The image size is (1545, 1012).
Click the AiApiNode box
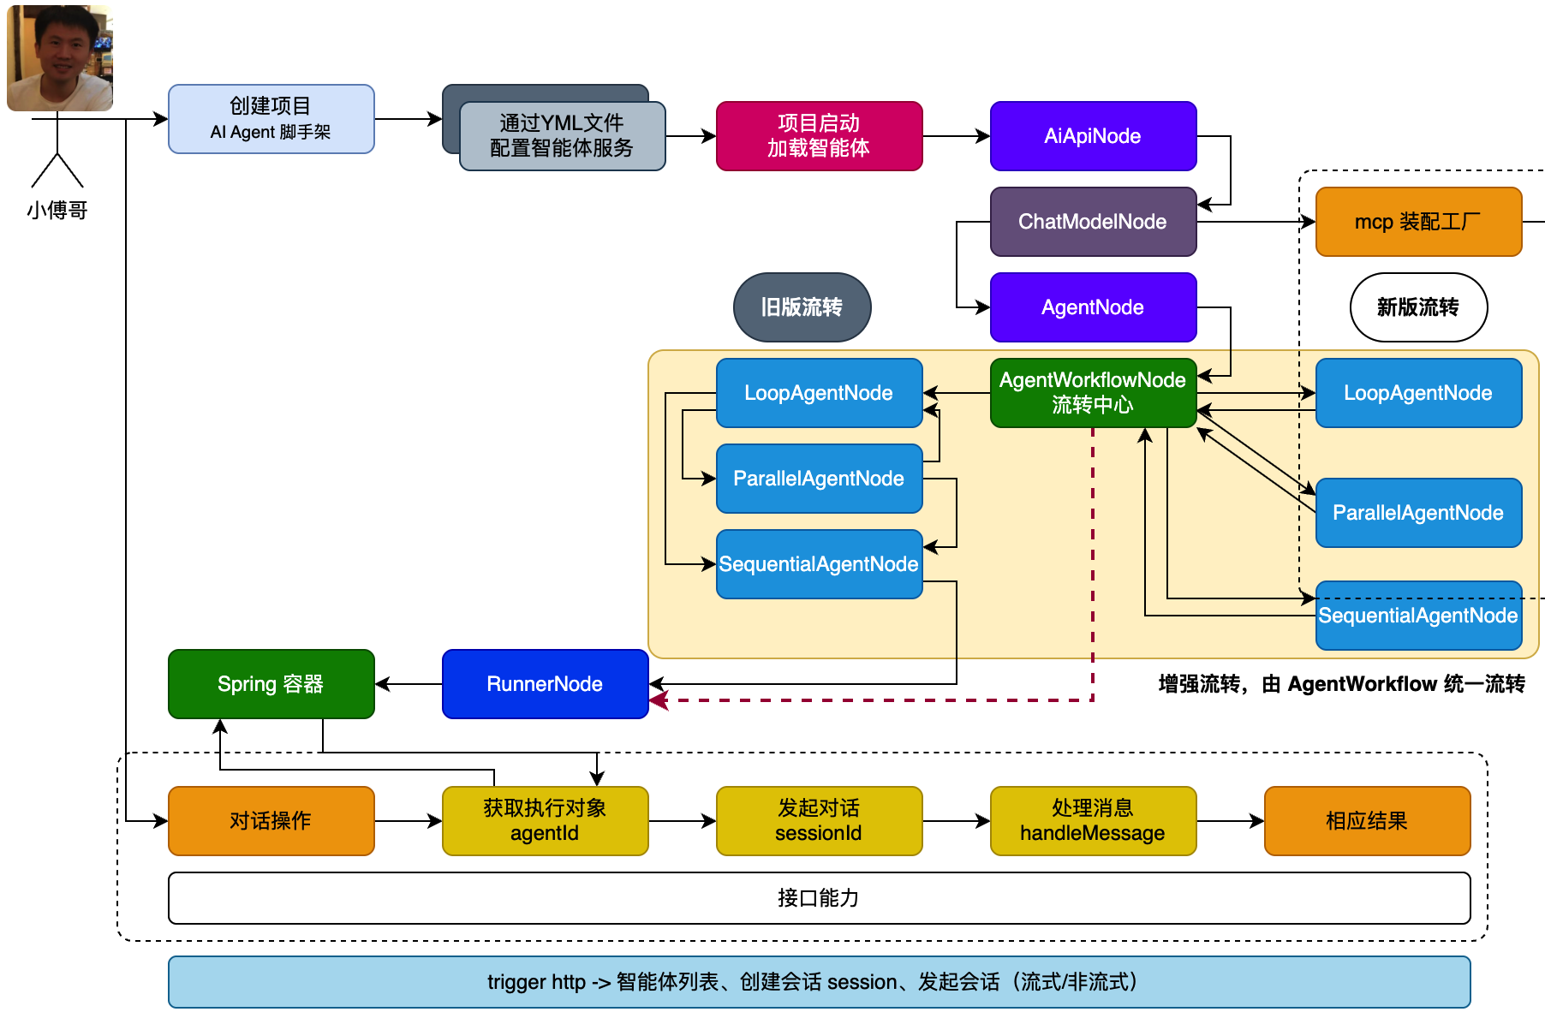click(1093, 136)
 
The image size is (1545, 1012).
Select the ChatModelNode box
click(1093, 222)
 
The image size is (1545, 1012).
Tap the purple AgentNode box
click(1093, 307)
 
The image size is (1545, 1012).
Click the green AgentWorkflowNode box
click(1093, 393)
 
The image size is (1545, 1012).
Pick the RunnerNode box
click(545, 684)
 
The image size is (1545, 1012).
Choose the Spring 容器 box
click(271, 684)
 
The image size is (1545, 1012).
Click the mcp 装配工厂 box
click(1418, 222)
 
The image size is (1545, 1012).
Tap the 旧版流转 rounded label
click(802, 307)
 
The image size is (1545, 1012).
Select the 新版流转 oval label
click(1418, 307)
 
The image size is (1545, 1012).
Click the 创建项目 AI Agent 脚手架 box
click(271, 119)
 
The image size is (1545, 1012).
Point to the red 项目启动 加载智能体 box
click(819, 136)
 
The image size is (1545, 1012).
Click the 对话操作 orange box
click(271, 821)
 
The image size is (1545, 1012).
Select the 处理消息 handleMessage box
click(1093, 821)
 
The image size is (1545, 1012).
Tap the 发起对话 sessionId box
click(819, 821)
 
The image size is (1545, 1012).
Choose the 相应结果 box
click(1367, 821)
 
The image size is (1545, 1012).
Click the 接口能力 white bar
click(819, 898)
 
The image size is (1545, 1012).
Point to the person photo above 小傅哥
click(60, 57)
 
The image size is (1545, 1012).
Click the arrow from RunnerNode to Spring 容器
click(409, 684)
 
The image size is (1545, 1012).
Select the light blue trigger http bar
click(819, 982)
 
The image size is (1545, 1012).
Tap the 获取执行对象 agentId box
click(545, 821)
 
